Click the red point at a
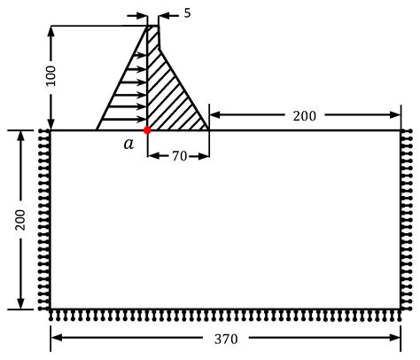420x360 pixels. (147, 130)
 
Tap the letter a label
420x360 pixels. (128, 144)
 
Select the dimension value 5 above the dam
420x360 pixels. (188, 13)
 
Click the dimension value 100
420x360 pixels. (51, 75)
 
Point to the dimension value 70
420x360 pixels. (180, 156)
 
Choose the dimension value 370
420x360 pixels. (226, 339)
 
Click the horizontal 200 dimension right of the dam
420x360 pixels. (305, 116)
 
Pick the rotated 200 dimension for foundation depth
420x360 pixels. (20, 220)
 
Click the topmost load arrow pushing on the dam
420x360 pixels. (140, 55)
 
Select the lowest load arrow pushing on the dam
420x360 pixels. (124, 120)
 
